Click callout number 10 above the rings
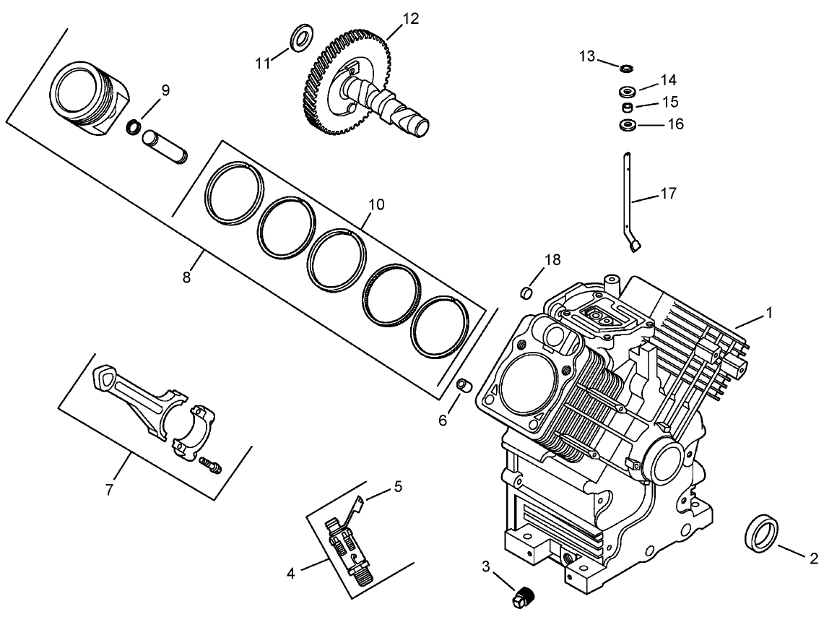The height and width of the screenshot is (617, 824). [376, 204]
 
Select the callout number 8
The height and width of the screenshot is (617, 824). [186, 276]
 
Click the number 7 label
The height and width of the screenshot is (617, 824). [109, 490]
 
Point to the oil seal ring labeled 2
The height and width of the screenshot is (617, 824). [760, 534]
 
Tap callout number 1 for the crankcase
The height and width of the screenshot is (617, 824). [770, 313]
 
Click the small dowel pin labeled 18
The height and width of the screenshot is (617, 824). [527, 293]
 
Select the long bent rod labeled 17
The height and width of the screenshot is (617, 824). [630, 202]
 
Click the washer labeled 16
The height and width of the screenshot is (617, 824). [627, 126]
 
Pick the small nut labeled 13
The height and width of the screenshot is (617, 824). [626, 68]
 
